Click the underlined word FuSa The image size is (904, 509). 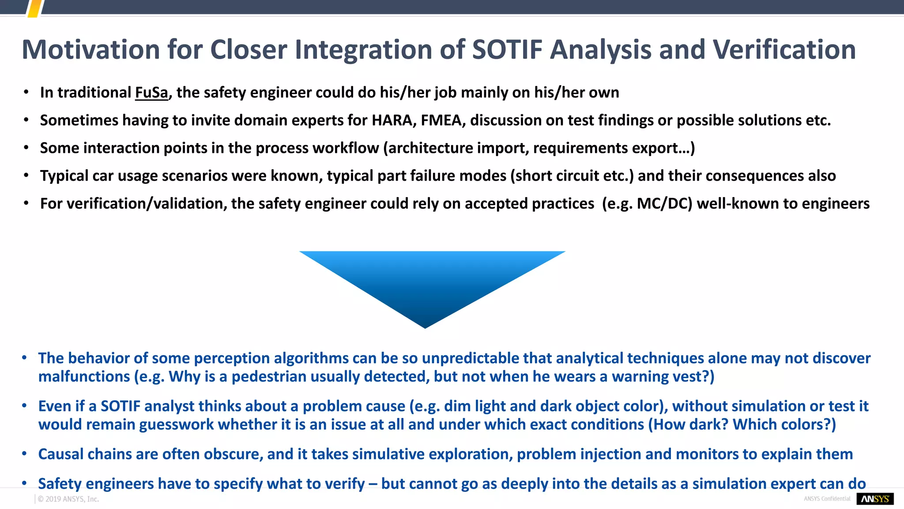point(151,93)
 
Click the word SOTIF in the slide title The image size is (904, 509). point(507,49)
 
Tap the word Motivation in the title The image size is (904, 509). point(90,49)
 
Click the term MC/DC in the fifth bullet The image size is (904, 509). point(664,204)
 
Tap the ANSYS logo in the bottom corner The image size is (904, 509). point(875,499)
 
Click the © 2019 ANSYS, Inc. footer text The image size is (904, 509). point(68,499)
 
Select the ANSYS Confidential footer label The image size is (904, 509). point(827,499)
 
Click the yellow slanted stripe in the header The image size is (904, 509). point(35,8)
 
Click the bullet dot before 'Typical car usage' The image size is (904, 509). point(26,176)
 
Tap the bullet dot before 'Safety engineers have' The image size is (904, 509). point(25,483)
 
